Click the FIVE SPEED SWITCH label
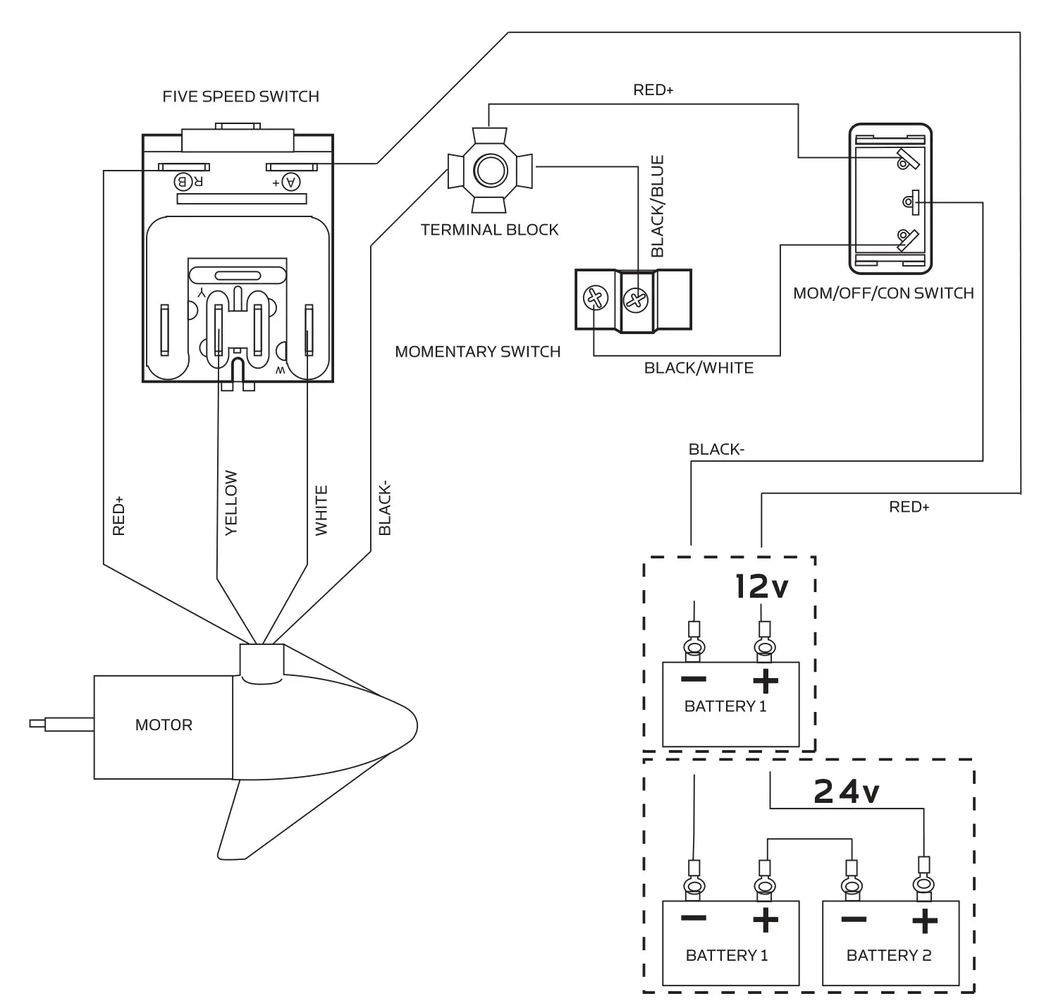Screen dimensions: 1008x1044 coord(240,97)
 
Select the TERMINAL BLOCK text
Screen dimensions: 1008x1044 coord(489,230)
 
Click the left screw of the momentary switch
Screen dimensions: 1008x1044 coord(596,299)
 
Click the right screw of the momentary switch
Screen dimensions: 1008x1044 coord(636,301)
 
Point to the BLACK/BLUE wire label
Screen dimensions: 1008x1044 coord(658,207)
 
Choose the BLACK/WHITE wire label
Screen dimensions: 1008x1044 coord(699,368)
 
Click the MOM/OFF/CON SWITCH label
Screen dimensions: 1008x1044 coord(883,293)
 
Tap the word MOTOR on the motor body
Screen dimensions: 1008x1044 coord(164,725)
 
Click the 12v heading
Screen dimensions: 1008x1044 coord(761,586)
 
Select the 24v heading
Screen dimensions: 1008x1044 coord(846,792)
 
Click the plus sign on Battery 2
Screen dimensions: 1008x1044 coord(924,921)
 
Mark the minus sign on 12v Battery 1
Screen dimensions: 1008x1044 coord(694,680)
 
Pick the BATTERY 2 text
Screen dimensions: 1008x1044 coord(888,956)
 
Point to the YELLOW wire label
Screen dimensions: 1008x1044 coord(231,503)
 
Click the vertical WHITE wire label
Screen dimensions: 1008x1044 coord(321,510)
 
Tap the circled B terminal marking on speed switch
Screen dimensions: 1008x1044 coord(182,182)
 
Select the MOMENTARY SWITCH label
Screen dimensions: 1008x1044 coord(477,352)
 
